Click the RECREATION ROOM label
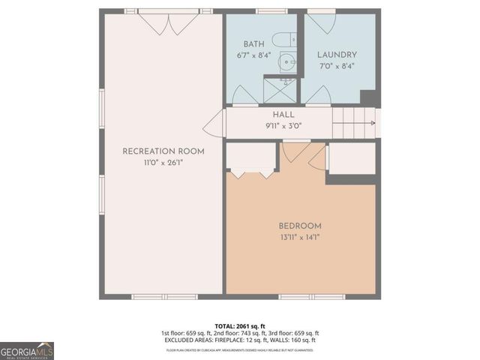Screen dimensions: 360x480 [163, 151]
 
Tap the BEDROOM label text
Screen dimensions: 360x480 [300, 226]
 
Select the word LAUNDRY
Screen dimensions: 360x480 [337, 55]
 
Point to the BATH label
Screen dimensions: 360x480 [253, 44]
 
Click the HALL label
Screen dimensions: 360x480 [283, 114]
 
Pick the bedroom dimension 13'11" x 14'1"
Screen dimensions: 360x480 [300, 238]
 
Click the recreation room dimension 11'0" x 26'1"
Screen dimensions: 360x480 [163, 163]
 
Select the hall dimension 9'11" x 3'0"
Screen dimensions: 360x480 [283, 125]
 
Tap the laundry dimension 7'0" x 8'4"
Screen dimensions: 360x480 [337, 66]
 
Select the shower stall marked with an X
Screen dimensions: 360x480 [279, 91]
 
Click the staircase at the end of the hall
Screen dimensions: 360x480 [354, 122]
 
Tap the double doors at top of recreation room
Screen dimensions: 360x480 [169, 23]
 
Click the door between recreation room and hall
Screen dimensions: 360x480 [215, 123]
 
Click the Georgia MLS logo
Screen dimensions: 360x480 [27, 350]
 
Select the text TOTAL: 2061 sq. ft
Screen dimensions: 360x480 [239, 325]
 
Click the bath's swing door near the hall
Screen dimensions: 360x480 [244, 95]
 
